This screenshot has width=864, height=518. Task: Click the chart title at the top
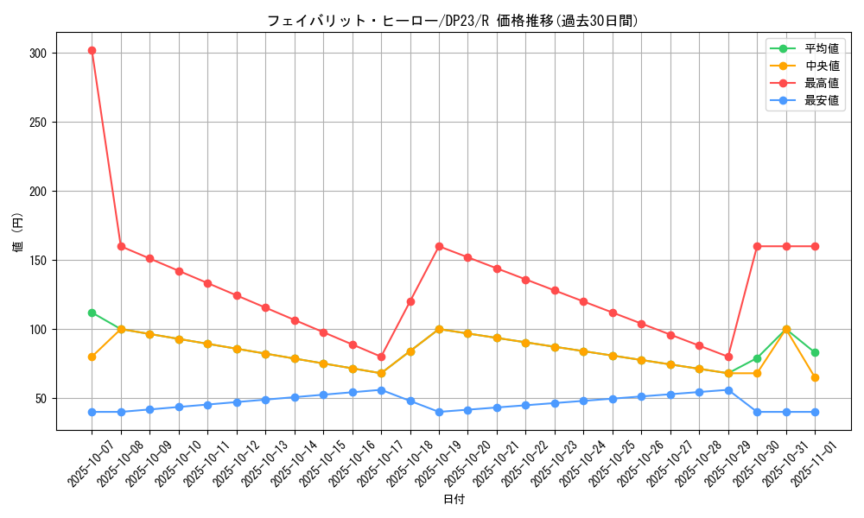click(x=453, y=21)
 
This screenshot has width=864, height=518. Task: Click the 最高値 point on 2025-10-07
click(x=92, y=50)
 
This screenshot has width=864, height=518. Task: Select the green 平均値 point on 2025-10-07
click(x=92, y=313)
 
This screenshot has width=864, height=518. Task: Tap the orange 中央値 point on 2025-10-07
click(x=92, y=357)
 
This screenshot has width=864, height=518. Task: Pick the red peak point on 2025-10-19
click(x=439, y=246)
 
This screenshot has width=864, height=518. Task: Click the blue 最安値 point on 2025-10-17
click(x=381, y=390)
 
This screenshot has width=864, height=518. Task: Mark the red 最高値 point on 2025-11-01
click(x=815, y=246)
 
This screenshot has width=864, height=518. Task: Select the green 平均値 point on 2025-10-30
click(x=757, y=358)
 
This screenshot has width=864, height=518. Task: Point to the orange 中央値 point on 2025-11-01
click(x=815, y=377)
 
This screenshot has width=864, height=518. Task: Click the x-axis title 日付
click(x=454, y=500)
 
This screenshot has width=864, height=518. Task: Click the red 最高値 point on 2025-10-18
click(x=410, y=301)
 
